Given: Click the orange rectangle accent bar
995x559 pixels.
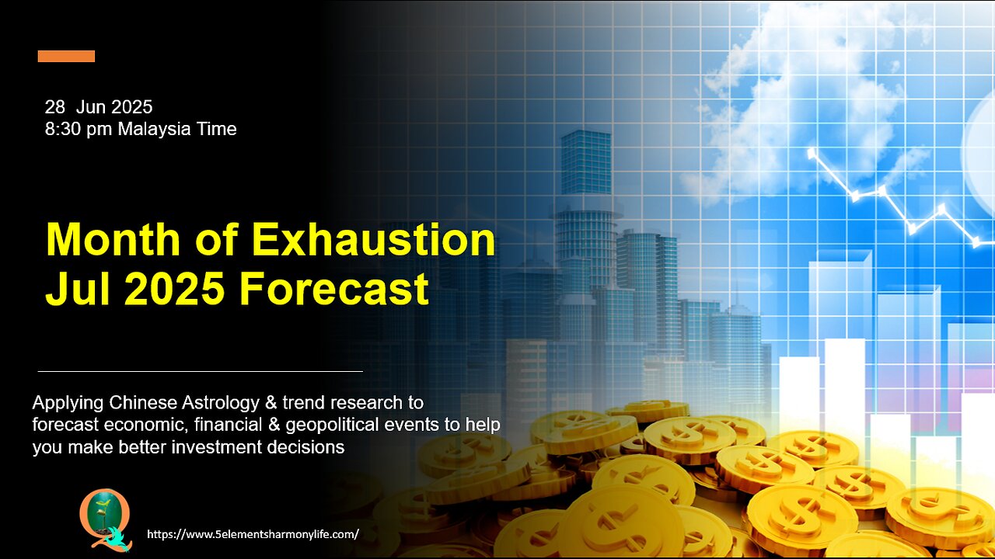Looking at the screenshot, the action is coord(66,57).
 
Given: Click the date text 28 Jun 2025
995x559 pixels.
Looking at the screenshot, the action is coord(99,107).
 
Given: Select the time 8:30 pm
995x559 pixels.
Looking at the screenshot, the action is coord(79,130).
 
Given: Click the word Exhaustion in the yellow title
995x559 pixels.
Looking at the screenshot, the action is coord(374,240).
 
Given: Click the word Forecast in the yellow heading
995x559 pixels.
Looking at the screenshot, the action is coord(334,288).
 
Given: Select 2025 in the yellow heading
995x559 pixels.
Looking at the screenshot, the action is coord(174,288).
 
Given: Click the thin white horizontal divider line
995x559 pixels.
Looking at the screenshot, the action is coord(201,371).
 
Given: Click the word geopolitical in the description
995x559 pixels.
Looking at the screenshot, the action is coord(333,425).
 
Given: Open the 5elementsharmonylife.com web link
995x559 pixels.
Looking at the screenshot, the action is coord(253,534).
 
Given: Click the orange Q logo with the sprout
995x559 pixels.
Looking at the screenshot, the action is coord(105,520).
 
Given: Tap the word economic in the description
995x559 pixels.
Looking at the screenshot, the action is coord(147,425).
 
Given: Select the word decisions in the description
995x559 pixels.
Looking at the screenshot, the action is coord(305,447).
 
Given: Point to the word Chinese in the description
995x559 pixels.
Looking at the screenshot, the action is coord(143,403).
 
